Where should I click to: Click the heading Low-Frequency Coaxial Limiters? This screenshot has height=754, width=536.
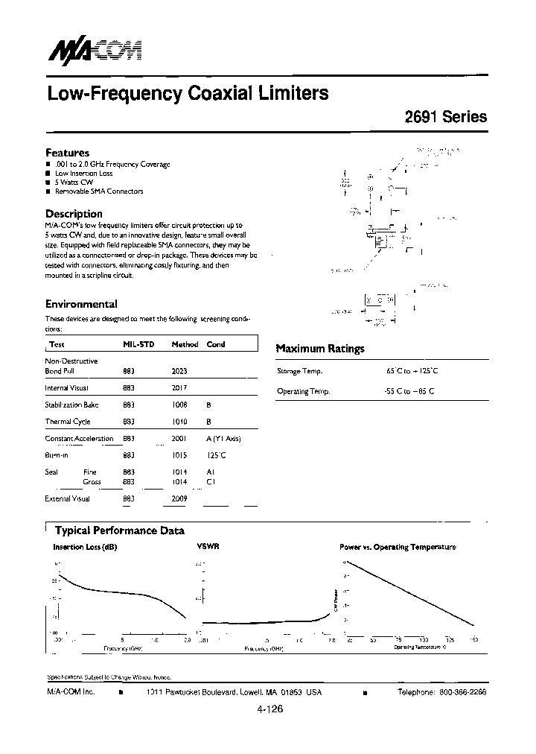(188, 94)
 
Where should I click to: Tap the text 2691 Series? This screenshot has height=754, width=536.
(446, 117)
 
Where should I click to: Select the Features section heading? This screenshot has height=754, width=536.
(67, 152)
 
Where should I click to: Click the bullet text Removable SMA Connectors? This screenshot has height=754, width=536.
(99, 191)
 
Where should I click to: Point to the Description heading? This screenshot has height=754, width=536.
(74, 214)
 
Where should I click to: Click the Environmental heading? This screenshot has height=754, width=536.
(81, 304)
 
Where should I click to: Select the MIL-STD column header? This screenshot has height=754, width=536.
(138, 344)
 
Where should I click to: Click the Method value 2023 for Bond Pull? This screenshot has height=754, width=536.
(179, 370)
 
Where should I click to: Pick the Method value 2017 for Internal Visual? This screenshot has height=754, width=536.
(179, 387)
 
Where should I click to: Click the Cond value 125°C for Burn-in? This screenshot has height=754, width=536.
(216, 454)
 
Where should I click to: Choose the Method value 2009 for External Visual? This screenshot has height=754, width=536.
(179, 498)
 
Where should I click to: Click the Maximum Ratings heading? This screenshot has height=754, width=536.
(320, 348)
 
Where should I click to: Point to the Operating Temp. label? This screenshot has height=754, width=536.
(303, 391)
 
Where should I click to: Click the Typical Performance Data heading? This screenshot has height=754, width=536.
(120, 530)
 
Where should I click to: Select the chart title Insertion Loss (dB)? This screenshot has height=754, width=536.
(85, 547)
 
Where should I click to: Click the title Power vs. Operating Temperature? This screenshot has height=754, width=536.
(398, 547)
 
